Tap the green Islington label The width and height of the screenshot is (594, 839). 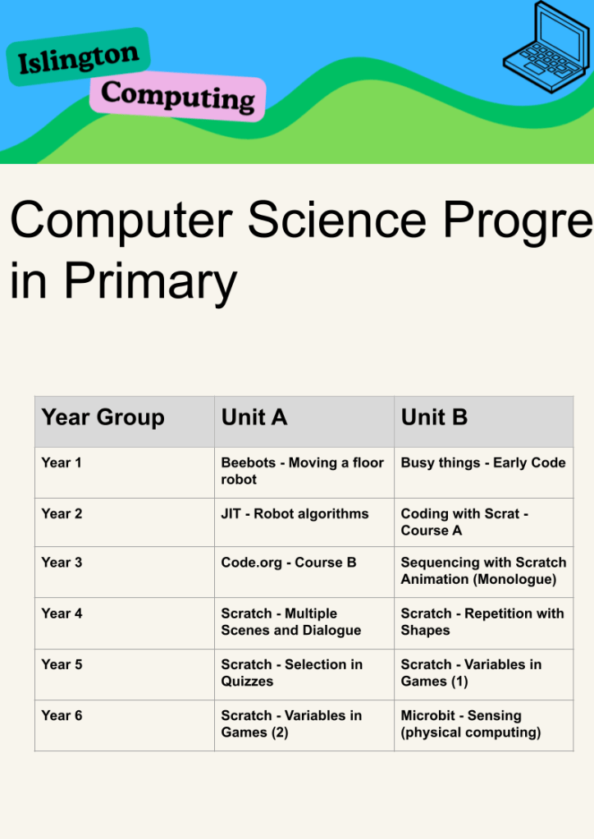(x=78, y=57)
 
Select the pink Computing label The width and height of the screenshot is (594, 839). (x=178, y=96)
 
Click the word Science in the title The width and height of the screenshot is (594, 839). (x=337, y=220)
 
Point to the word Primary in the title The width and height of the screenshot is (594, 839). (x=150, y=282)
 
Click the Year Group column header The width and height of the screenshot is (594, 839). (x=103, y=417)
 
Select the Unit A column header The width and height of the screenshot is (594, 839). (x=254, y=417)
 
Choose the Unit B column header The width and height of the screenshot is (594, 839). (x=434, y=417)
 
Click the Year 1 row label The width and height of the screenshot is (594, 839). (x=62, y=463)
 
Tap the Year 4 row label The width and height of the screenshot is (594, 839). (x=62, y=613)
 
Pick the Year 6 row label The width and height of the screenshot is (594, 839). (x=62, y=715)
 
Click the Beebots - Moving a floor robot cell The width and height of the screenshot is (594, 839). (x=303, y=471)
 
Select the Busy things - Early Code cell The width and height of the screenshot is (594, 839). (x=483, y=463)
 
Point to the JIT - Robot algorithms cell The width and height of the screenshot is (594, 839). (x=295, y=513)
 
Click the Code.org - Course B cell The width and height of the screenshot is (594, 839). (x=289, y=563)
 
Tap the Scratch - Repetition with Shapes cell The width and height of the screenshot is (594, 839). (x=482, y=622)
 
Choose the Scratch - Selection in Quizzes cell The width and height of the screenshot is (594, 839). (x=291, y=673)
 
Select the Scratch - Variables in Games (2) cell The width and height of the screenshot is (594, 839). (x=291, y=724)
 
